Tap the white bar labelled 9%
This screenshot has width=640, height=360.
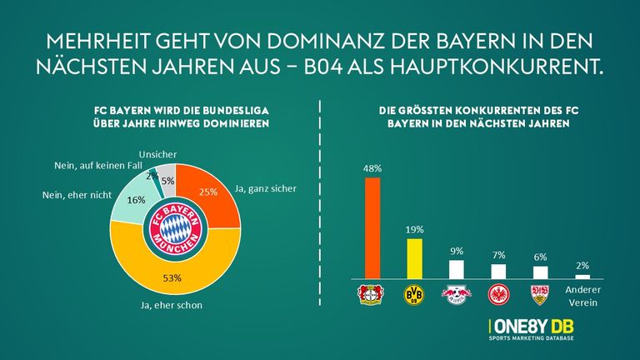coord(456,269)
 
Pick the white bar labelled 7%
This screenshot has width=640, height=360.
coord(498,271)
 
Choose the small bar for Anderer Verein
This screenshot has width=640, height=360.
coord(582,276)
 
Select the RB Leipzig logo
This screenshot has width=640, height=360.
coord(456,294)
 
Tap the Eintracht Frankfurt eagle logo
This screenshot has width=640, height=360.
coord(498,294)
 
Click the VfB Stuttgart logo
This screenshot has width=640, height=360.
coord(540,294)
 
